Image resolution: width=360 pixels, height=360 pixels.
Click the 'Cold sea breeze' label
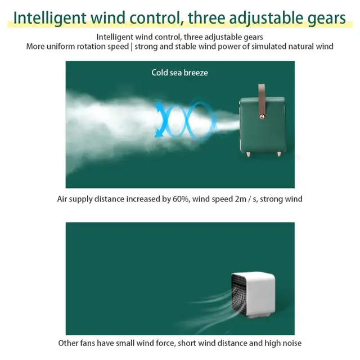click(x=179, y=73)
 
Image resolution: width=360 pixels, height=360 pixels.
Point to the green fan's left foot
click(x=248, y=154)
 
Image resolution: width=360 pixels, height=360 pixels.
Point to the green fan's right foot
click(x=279, y=154)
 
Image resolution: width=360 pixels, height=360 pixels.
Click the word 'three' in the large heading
click(x=206, y=17)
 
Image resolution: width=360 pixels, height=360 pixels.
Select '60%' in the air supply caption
click(x=181, y=199)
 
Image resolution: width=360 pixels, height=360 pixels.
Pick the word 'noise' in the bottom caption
click(x=292, y=343)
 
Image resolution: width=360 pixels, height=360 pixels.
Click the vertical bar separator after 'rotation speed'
click(x=132, y=47)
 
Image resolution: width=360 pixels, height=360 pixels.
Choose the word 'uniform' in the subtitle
click(x=61, y=46)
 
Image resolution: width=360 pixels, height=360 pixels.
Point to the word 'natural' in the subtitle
click(x=301, y=46)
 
